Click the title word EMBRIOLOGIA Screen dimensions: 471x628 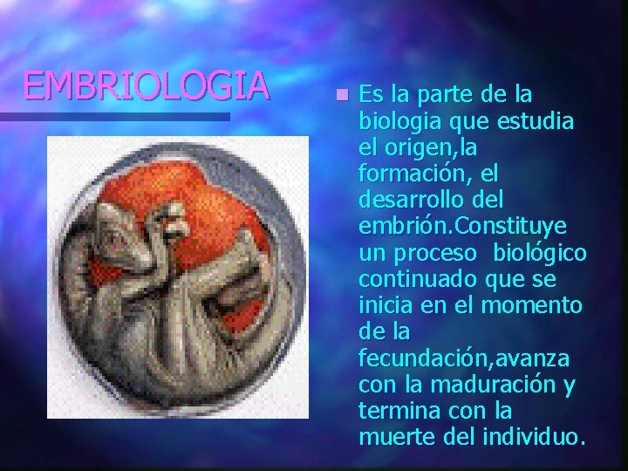tap(145, 85)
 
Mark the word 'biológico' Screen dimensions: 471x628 tap(539, 252)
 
